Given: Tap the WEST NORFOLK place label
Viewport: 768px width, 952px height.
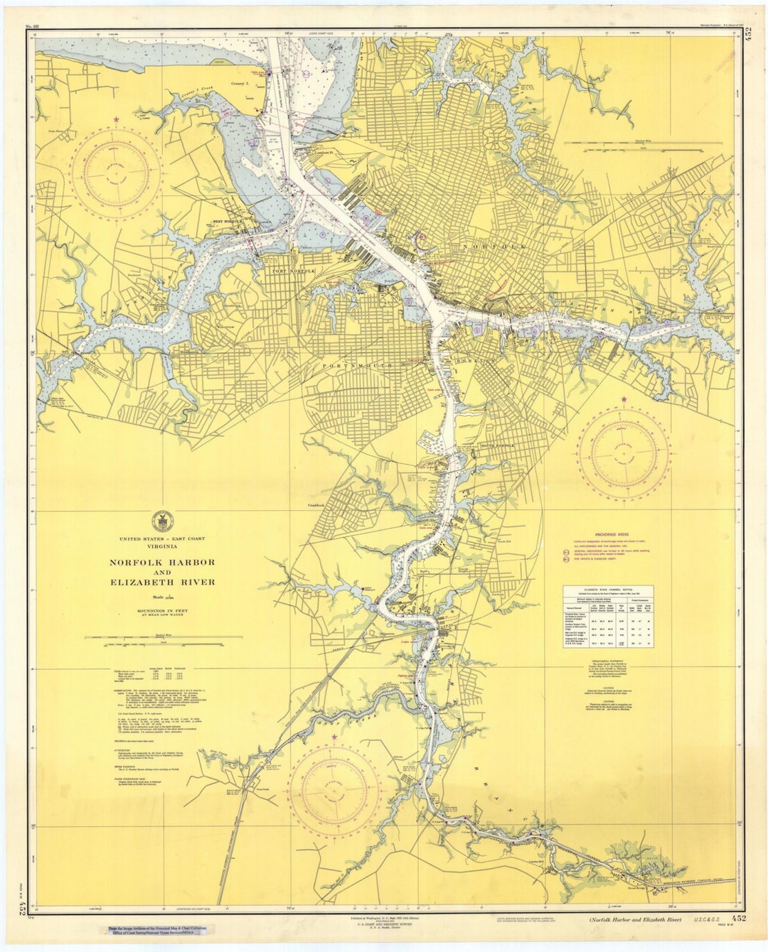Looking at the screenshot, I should tap(228, 222).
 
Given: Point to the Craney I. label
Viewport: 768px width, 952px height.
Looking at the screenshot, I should tap(240, 83).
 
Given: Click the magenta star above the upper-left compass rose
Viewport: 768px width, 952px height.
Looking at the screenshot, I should tap(114, 121).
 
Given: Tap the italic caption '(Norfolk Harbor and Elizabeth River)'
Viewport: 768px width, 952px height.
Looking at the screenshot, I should tap(634, 921).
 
